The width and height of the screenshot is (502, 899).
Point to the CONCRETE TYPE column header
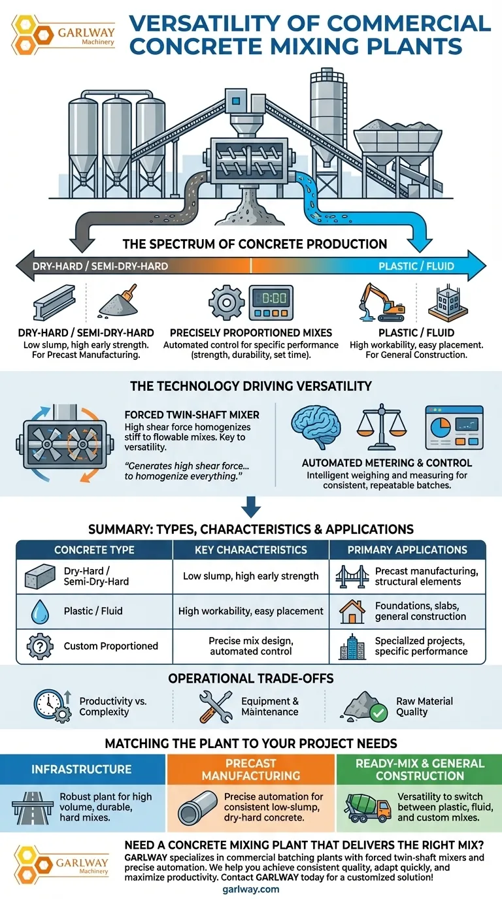coord(94,550)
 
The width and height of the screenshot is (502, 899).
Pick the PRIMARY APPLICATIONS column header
coord(407,550)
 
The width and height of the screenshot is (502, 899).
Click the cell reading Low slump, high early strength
coord(250,576)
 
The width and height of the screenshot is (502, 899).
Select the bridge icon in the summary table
coord(352,576)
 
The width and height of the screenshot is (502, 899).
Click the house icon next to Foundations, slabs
coord(352,612)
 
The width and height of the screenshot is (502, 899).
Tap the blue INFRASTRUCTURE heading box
coord(82,770)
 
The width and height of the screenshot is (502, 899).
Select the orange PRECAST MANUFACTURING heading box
coord(250,770)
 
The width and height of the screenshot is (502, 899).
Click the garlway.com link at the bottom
coord(250,889)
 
